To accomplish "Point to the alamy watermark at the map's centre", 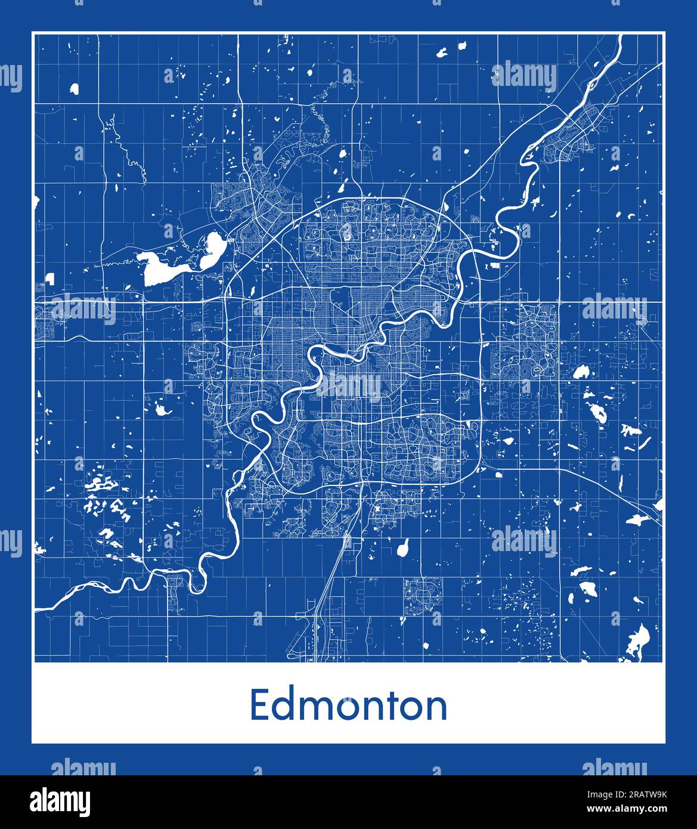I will [349, 386].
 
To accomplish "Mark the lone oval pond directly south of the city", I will [404, 547].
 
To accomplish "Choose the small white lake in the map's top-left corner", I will [74, 89].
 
